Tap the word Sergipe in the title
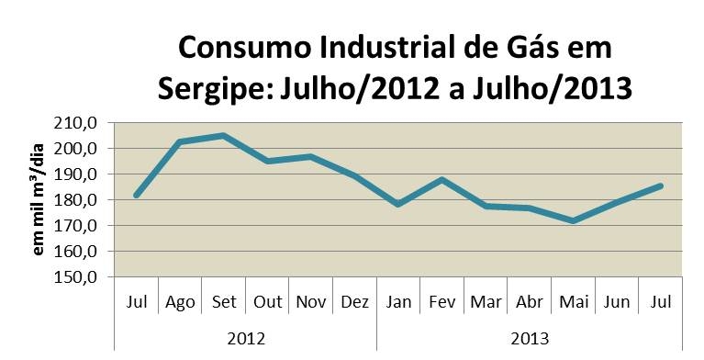pos(215,89)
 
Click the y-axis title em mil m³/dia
pos(39,199)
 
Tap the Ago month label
pos(180,302)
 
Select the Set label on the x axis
pos(224,301)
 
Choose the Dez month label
pos(354,301)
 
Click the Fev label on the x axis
pos(442,301)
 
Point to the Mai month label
pos(574,301)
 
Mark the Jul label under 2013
pos(661,301)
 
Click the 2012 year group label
pos(246,339)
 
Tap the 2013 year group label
pos(530,339)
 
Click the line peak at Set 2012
pos(223,135)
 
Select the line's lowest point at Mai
pos(574,220)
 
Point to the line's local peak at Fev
pos(442,180)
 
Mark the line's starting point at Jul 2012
pos(136,195)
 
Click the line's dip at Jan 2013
pos(398,204)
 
